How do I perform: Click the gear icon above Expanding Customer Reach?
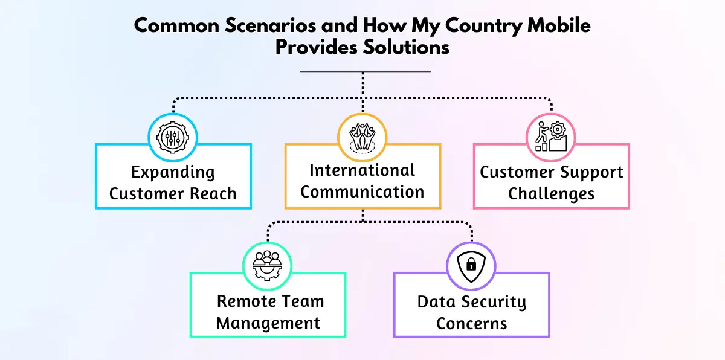[173, 138]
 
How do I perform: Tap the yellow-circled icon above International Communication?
[362, 138]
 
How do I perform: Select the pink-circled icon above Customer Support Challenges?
[551, 138]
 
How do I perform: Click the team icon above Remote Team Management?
[268, 266]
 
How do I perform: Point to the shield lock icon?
[471, 266]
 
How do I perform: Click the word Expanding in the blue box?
[173, 173]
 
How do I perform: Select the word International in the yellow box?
[362, 170]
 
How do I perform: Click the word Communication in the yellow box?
[362, 192]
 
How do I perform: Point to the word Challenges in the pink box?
[551, 194]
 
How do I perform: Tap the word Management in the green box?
[268, 323]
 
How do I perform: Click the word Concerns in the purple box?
[472, 323]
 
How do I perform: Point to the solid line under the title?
[365, 72]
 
